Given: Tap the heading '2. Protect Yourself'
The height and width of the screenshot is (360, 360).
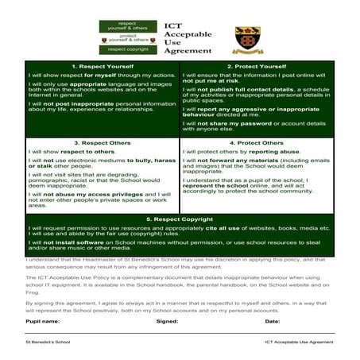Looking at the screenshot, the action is pos(256,66).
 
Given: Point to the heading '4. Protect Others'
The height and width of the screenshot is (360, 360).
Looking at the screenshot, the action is pos(256,143).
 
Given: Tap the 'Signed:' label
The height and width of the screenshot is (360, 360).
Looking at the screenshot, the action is pos(167,322).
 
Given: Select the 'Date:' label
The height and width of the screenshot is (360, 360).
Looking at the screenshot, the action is pos(273,322).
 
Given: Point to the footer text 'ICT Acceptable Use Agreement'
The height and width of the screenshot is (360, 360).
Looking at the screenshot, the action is pos(299,342).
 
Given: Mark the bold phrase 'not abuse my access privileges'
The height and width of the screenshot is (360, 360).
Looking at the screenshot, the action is pos(88,194).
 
